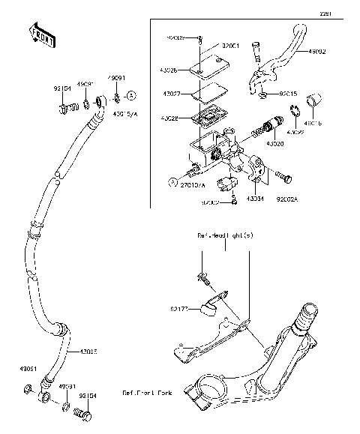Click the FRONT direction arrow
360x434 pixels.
[42, 35]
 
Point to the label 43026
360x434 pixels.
[169, 71]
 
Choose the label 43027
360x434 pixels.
[169, 94]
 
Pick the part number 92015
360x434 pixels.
[288, 95]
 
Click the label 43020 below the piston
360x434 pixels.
[276, 142]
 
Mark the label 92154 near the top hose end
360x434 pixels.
[62, 88]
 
